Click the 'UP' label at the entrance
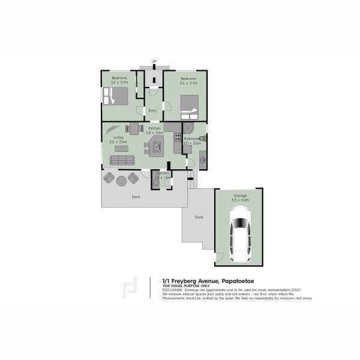click(154, 61)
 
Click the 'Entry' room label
click(152, 110)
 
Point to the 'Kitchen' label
click(155, 129)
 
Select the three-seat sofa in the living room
click(122, 160)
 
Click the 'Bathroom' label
click(192, 139)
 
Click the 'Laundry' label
click(162, 173)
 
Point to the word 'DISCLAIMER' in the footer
click(173, 289)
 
